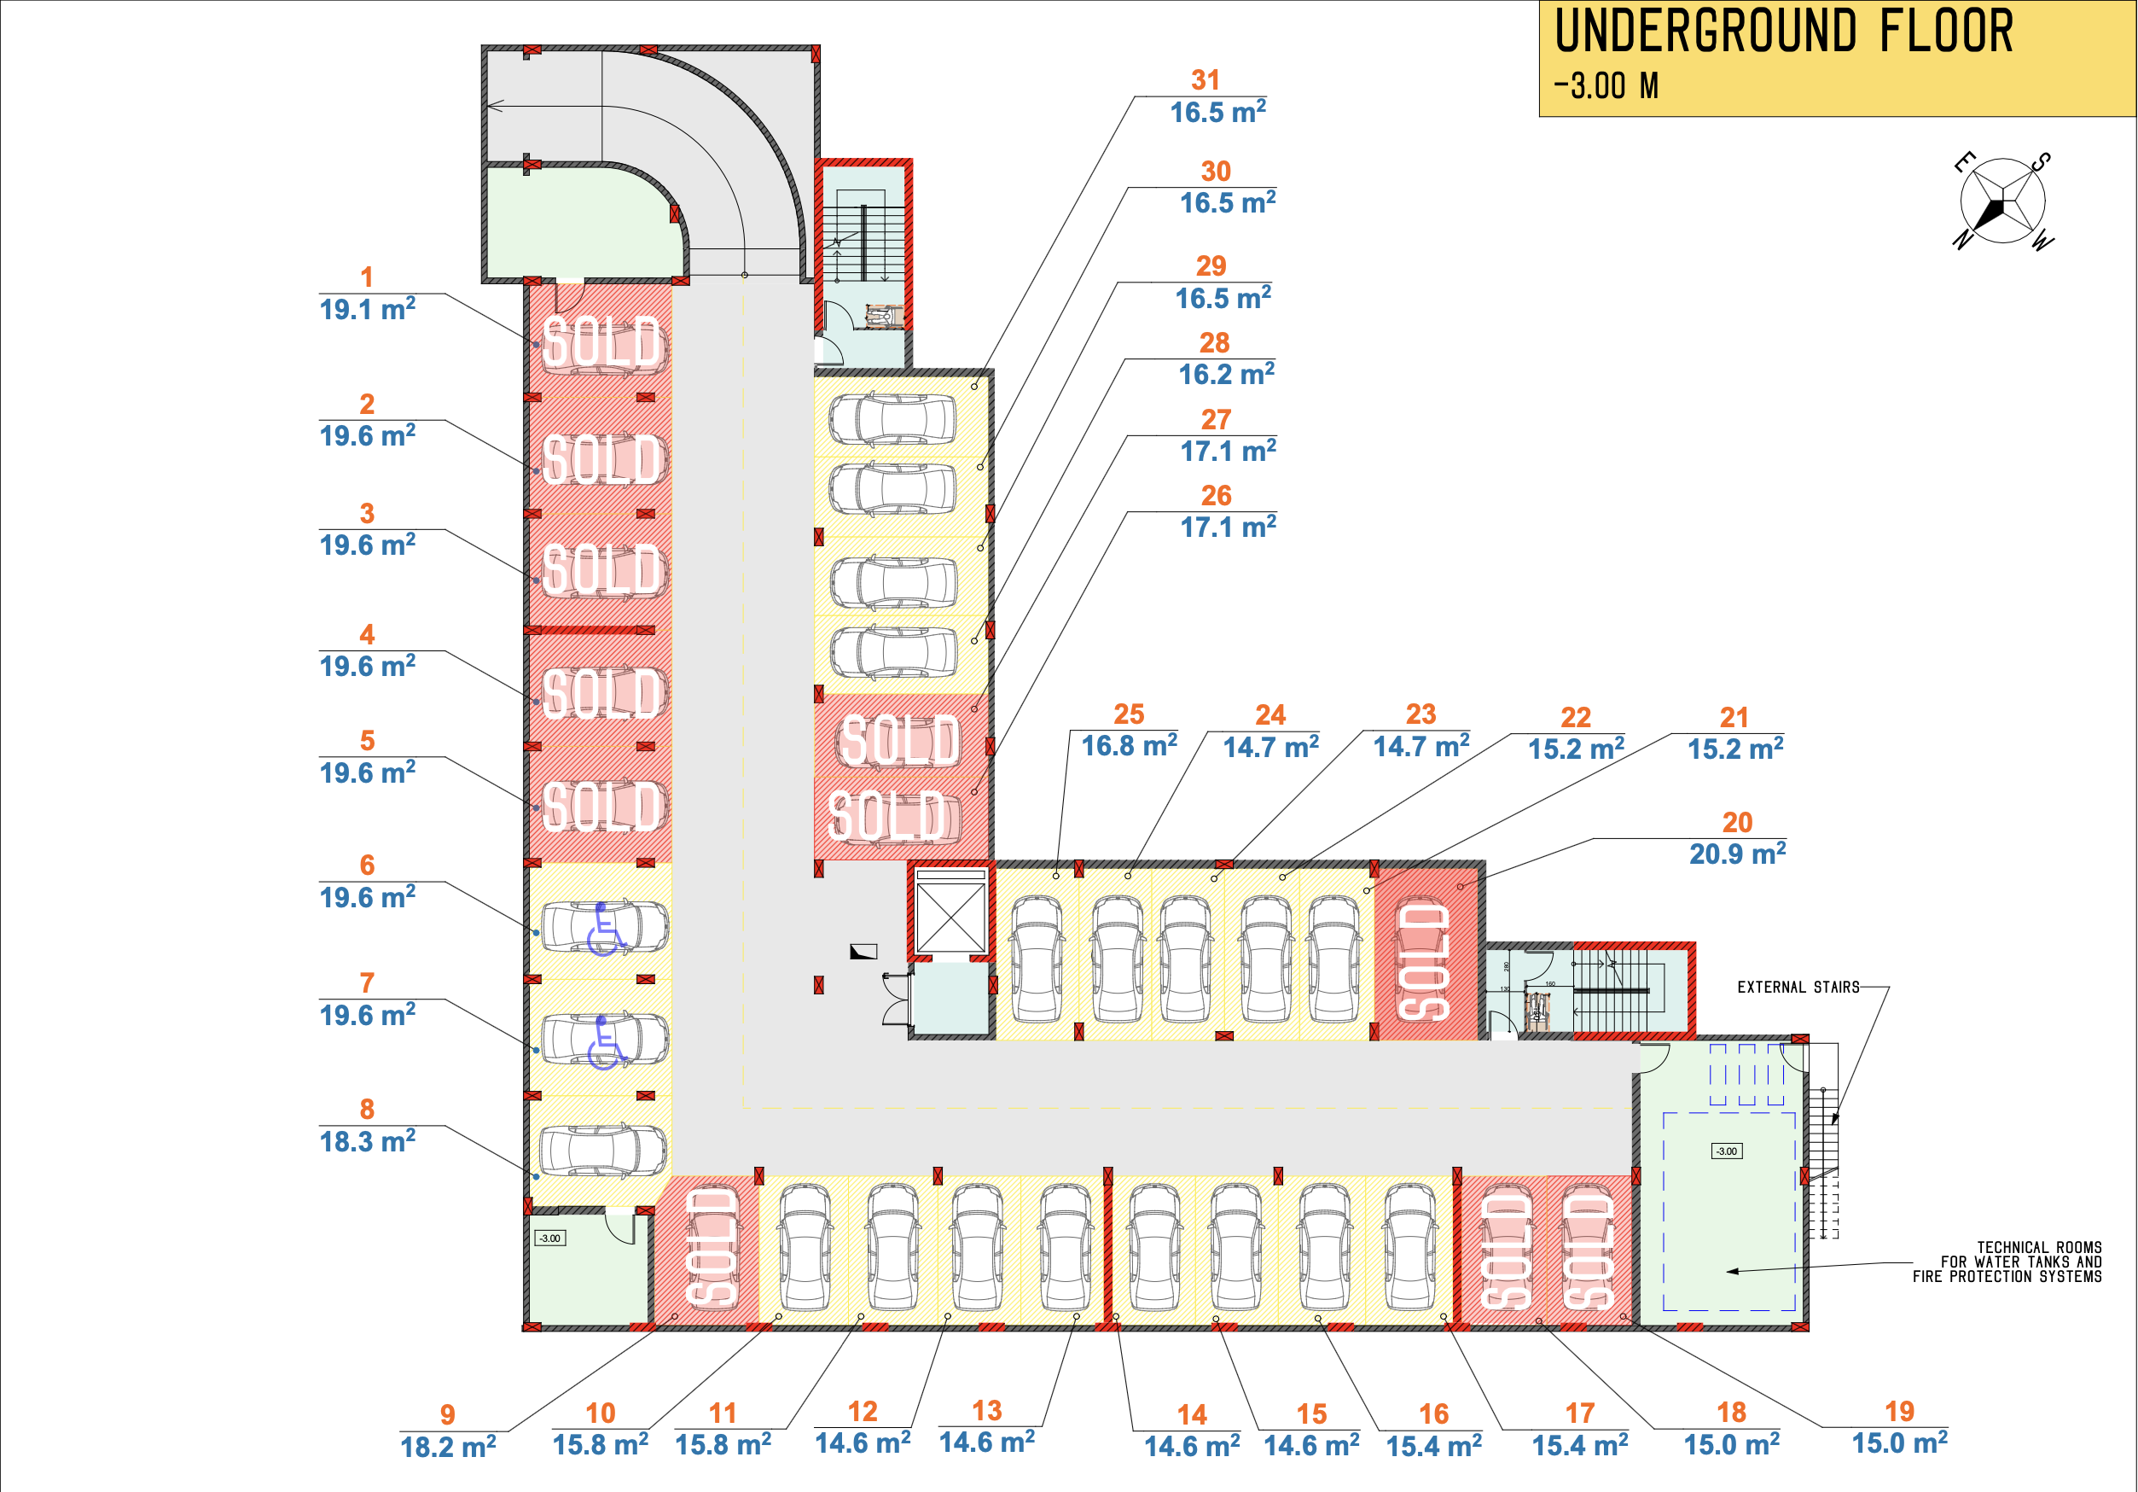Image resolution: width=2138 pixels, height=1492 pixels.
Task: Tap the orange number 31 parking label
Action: [x=1205, y=80]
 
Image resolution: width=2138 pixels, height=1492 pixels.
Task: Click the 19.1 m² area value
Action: [x=367, y=309]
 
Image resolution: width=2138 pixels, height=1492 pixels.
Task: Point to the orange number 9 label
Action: [x=447, y=1414]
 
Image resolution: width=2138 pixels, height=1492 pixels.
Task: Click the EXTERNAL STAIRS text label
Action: [x=1798, y=988]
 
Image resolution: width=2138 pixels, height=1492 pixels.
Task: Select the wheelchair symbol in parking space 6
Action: [x=605, y=929]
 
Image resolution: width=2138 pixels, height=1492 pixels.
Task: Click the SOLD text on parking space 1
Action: [x=603, y=343]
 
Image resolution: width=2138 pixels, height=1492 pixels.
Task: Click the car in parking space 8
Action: [x=603, y=1151]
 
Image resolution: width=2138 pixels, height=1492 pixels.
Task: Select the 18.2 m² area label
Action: [x=448, y=1448]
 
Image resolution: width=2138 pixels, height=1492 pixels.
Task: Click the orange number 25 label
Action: [x=1129, y=714]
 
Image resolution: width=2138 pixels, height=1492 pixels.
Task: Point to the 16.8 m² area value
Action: [x=1129, y=746]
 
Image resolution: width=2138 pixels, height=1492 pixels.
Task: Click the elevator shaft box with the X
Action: [x=950, y=918]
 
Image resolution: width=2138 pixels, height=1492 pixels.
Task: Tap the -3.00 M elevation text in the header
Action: [x=1606, y=86]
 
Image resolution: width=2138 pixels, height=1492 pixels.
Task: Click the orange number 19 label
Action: [x=1900, y=1412]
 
